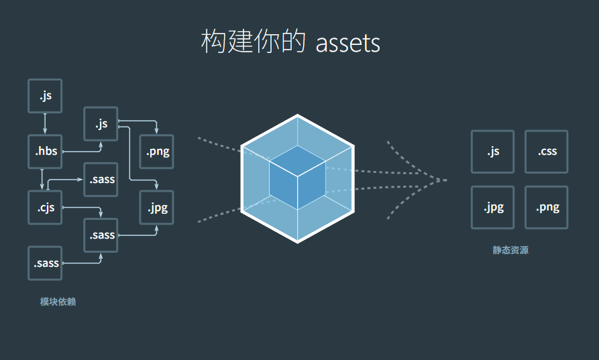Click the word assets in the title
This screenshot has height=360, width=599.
[x=347, y=43]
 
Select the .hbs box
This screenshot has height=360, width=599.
[x=45, y=152]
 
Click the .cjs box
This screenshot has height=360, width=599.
[x=45, y=207]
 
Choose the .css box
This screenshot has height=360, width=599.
[x=547, y=152]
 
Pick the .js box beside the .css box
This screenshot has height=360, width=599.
[x=493, y=152]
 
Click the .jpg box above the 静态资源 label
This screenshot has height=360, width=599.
[x=493, y=207]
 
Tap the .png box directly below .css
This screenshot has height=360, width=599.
[x=547, y=207]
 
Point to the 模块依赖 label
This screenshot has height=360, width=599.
[x=58, y=302]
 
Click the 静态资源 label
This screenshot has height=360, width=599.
[x=510, y=251]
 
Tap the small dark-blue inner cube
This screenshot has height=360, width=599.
[x=297, y=177]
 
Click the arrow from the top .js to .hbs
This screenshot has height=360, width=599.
[x=45, y=123]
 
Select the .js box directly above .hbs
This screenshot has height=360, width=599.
[x=45, y=96]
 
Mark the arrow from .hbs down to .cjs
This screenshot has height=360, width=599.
[x=42, y=179]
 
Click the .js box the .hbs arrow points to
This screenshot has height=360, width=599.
[x=101, y=124]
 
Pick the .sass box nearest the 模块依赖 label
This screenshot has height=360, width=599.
[x=45, y=263]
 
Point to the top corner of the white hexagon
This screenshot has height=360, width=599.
[x=297, y=116]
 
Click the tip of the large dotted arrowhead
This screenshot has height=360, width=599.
[x=445, y=180]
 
